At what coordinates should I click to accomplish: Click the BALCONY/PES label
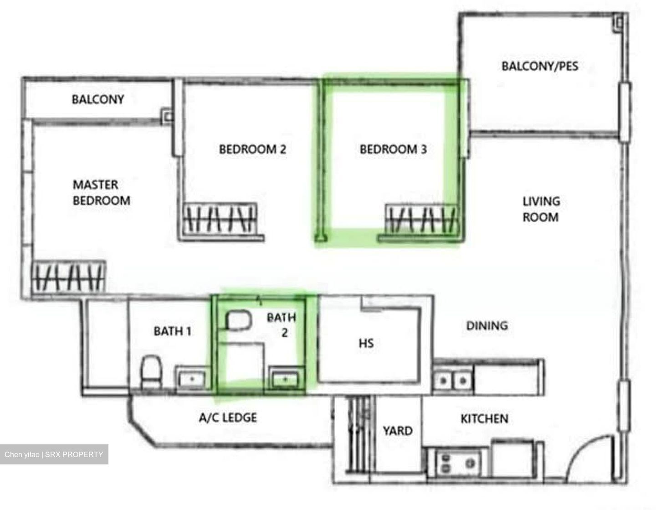pyautogui.click(x=539, y=66)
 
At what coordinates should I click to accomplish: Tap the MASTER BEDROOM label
pyautogui.click(x=101, y=192)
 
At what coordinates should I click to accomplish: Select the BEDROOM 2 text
pyautogui.click(x=252, y=149)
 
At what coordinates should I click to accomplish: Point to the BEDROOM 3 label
pyautogui.click(x=393, y=149)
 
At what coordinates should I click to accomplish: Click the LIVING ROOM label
pyautogui.click(x=541, y=209)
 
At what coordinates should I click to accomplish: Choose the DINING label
pyautogui.click(x=487, y=325)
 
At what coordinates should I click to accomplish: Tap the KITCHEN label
pyautogui.click(x=484, y=418)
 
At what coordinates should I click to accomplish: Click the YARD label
pyautogui.click(x=398, y=431)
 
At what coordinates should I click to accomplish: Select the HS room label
pyautogui.click(x=366, y=343)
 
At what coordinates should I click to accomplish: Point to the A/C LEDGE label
pyautogui.click(x=228, y=417)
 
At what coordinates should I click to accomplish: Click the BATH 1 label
pyautogui.click(x=172, y=331)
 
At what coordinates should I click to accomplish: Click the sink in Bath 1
pyautogui.click(x=191, y=378)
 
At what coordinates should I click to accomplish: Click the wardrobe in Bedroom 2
pyautogui.click(x=220, y=219)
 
